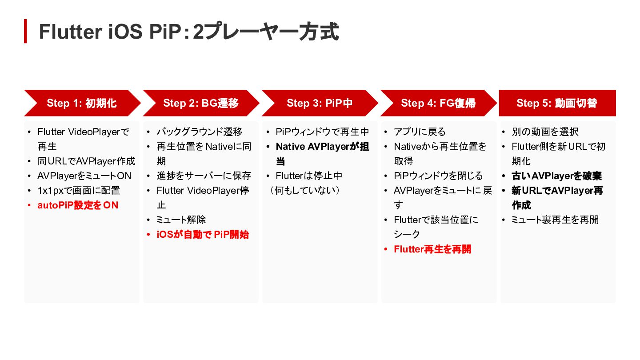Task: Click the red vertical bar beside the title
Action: tap(25, 31)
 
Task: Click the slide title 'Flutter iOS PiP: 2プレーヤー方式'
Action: tap(188, 32)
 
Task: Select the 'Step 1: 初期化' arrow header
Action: tap(82, 103)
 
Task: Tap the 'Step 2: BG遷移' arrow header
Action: tap(201, 103)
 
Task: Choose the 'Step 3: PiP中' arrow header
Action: tap(320, 103)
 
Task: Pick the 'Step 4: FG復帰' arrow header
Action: tap(438, 103)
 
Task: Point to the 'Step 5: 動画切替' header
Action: tap(557, 103)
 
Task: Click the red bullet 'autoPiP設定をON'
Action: tap(78, 205)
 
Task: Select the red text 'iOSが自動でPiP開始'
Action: tap(203, 235)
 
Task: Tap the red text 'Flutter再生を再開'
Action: tap(432, 249)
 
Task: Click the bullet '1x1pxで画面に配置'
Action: tap(79, 191)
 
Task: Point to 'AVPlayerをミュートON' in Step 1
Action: tap(84, 176)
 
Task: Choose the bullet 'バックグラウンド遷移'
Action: tap(199, 132)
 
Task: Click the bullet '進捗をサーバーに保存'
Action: tap(204, 176)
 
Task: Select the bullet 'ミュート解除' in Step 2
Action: tap(181, 220)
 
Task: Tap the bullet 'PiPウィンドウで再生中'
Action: tap(322, 132)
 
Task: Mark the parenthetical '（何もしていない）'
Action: tap(305, 191)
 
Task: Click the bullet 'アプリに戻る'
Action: tap(420, 132)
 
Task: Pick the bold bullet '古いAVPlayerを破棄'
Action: tap(556, 176)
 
